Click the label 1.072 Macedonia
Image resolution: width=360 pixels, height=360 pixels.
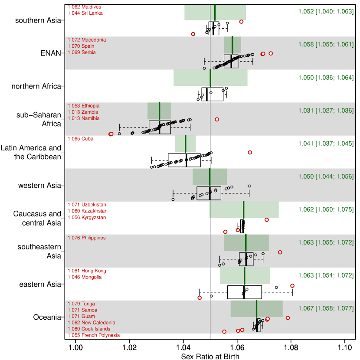tap(87, 40)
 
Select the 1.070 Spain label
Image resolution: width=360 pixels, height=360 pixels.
tap(81, 46)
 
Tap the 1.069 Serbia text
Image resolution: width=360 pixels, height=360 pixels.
tap(82, 52)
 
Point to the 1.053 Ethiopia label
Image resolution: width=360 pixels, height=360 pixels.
tap(84, 106)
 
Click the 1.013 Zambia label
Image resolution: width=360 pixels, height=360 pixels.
tap(83, 112)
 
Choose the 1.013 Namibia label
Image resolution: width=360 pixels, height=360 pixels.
tap(84, 118)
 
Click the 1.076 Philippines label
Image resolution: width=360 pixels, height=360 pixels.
tap(87, 238)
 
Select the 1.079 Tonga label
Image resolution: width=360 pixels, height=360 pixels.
tap(81, 304)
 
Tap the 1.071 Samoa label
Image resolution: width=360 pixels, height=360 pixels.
tap(82, 310)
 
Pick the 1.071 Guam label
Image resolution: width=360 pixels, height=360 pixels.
tap(82, 316)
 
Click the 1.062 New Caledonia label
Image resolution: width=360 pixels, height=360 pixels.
tap(92, 323)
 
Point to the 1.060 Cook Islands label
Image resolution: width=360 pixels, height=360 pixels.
tap(89, 329)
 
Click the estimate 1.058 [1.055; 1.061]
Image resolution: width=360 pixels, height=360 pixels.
tap(326, 44)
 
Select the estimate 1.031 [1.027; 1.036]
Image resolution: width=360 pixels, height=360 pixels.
tap(326, 111)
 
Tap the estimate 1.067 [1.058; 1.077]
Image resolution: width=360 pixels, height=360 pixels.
tap(326, 308)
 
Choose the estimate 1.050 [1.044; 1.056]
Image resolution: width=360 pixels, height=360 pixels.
tap(326, 177)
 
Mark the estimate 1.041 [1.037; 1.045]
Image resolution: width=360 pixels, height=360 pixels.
tap(326, 144)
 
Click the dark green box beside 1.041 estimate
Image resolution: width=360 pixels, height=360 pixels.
tap(185, 144)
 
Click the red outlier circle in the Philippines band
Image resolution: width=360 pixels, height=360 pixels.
tap(280, 252)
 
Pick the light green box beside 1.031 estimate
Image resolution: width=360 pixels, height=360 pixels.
tap(159, 111)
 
